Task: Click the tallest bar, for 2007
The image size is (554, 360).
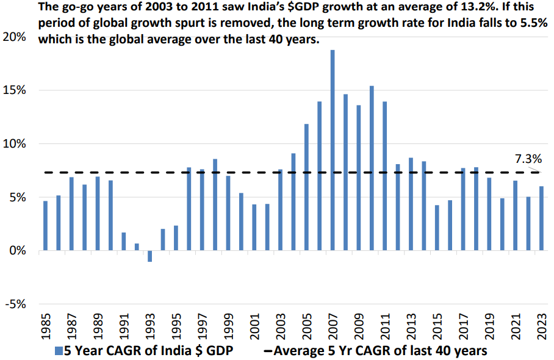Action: pos(333,150)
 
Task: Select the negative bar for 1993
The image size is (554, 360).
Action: pos(149,256)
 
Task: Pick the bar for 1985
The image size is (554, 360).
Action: pos(45,226)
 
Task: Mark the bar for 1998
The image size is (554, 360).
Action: pos(215,205)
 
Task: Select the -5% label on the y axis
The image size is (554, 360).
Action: pos(13,304)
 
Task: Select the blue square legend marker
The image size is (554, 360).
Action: pos(59,351)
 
